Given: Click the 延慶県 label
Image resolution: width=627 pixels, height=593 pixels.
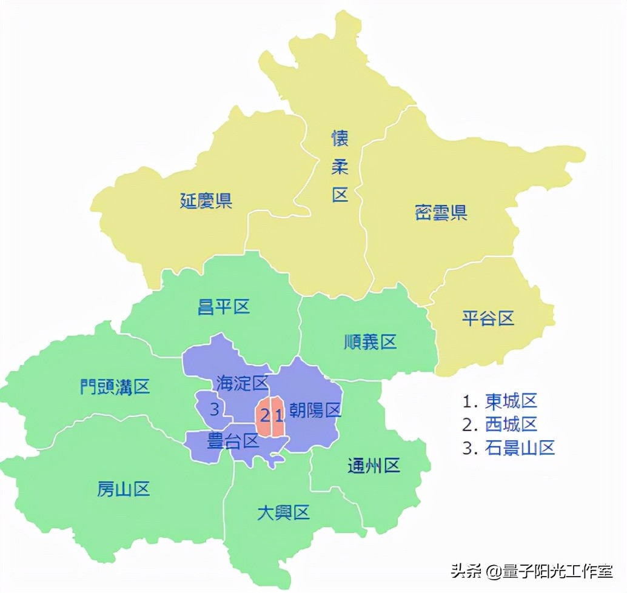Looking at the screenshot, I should pyautogui.click(x=206, y=201).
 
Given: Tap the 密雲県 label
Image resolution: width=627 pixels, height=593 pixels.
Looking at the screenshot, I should pyautogui.click(x=441, y=213).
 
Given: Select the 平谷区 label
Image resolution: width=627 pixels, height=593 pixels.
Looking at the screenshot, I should pyautogui.click(x=488, y=318).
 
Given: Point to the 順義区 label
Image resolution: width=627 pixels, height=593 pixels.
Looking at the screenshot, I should pyautogui.click(x=370, y=342).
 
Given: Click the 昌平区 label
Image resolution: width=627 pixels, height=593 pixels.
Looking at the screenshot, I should pyautogui.click(x=224, y=307).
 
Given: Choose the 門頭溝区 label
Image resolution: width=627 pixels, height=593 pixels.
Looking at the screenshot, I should pyautogui.click(x=115, y=386).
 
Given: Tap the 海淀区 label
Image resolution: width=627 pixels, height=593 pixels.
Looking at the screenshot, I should pyautogui.click(x=242, y=383).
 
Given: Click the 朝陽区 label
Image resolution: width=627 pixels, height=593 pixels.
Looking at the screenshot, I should pyautogui.click(x=315, y=410).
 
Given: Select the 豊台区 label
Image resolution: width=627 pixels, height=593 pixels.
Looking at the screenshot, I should pyautogui.click(x=233, y=441).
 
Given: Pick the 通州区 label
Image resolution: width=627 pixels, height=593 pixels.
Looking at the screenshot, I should pyautogui.click(x=374, y=466).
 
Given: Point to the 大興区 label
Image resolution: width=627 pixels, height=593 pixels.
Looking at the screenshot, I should pyautogui.click(x=283, y=513).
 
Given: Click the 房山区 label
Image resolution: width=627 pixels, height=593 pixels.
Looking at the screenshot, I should pyautogui.click(x=124, y=489).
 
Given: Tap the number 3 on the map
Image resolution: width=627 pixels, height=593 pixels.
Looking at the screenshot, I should pyautogui.click(x=214, y=409).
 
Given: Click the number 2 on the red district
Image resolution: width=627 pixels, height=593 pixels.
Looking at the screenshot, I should pyautogui.click(x=264, y=415).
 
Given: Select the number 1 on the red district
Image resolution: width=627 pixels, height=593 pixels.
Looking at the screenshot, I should pyautogui.click(x=278, y=415).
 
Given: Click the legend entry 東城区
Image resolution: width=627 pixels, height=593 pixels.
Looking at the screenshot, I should pyautogui.click(x=511, y=401).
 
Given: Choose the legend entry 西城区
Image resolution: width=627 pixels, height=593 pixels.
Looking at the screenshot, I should pyautogui.click(x=511, y=424).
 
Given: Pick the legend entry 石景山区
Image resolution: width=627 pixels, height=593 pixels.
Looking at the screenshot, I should pyautogui.click(x=520, y=448).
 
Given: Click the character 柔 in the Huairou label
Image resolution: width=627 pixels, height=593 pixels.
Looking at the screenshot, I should pyautogui.click(x=340, y=167).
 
